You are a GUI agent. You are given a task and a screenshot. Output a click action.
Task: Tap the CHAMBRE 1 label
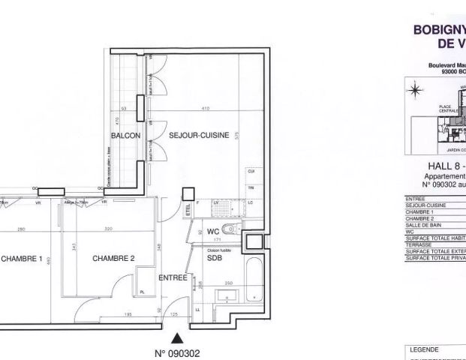pos(23,258)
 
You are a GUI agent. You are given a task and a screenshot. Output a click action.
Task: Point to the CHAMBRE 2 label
pos(113,258)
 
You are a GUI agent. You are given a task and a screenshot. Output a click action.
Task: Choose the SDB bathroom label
pos(214,256)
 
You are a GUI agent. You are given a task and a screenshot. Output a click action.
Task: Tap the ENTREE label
pos(173,277)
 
